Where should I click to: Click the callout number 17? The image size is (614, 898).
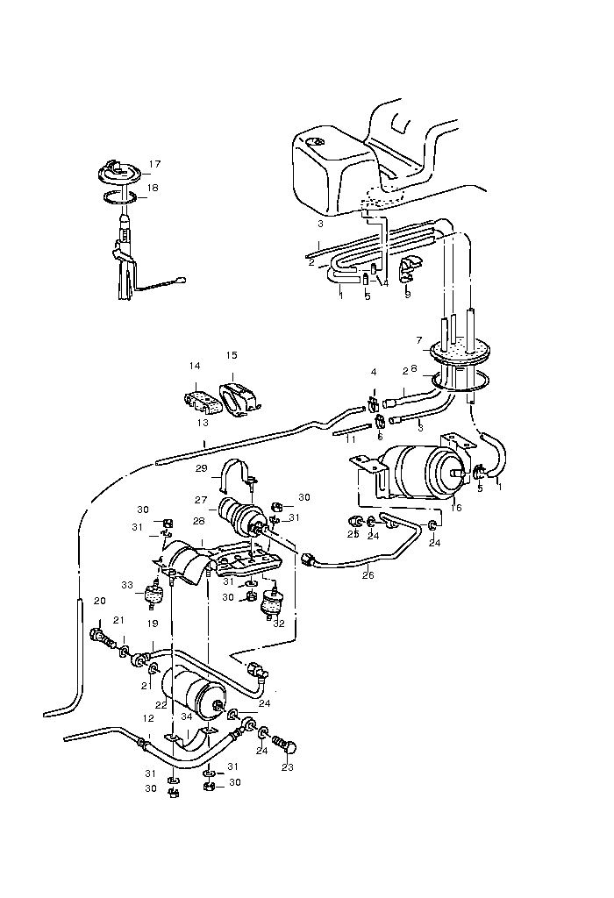click(x=154, y=164)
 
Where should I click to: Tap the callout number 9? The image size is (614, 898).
click(x=407, y=295)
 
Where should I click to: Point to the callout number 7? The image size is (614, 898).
click(x=419, y=339)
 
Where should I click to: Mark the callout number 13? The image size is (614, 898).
click(x=202, y=422)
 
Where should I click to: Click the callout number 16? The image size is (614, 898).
click(x=455, y=507)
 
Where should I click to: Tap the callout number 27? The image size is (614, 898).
click(x=200, y=501)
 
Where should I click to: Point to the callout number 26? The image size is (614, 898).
click(x=368, y=575)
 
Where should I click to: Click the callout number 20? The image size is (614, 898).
click(x=99, y=601)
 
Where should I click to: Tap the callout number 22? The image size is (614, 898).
click(x=161, y=703)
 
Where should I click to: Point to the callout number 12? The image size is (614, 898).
click(x=148, y=718)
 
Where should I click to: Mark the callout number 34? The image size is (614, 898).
click(x=187, y=716)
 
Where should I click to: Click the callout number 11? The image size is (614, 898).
click(x=352, y=437)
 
